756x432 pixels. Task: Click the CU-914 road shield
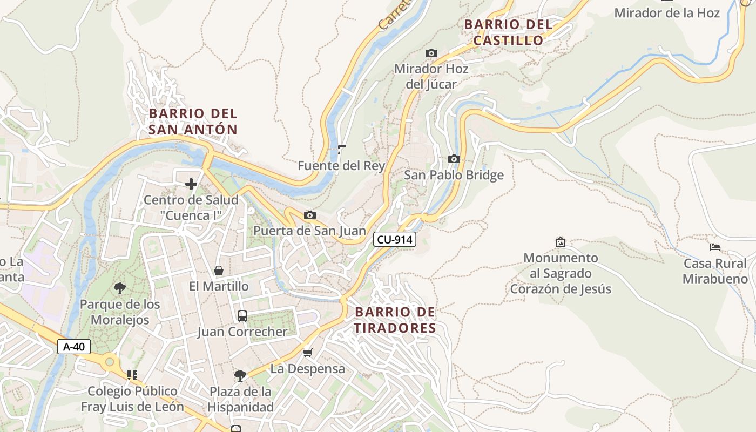click(x=395, y=239)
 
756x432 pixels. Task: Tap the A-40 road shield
click(x=74, y=347)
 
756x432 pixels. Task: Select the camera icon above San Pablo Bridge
click(x=454, y=159)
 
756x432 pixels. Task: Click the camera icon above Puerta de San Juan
click(x=309, y=215)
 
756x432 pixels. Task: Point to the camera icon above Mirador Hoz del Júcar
click(x=431, y=53)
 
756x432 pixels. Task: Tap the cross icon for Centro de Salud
click(x=191, y=184)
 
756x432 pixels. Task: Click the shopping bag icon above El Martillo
click(x=219, y=271)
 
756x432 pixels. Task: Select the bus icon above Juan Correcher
click(x=242, y=315)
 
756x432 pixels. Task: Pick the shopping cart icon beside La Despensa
click(x=308, y=353)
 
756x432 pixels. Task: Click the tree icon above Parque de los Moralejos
click(x=120, y=288)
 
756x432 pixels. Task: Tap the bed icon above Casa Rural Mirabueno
click(x=715, y=247)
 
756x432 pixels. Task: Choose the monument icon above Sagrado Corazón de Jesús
click(x=561, y=242)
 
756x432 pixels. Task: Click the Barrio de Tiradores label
click(x=395, y=320)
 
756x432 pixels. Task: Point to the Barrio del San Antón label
click(x=193, y=122)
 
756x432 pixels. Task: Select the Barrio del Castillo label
click(x=508, y=32)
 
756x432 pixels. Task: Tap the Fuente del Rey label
click(x=341, y=166)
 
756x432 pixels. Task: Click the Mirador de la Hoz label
click(x=667, y=13)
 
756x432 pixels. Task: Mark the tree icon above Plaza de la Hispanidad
click(x=240, y=375)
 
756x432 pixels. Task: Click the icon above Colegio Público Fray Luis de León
click(x=132, y=375)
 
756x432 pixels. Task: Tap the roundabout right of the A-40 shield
click(x=110, y=362)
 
